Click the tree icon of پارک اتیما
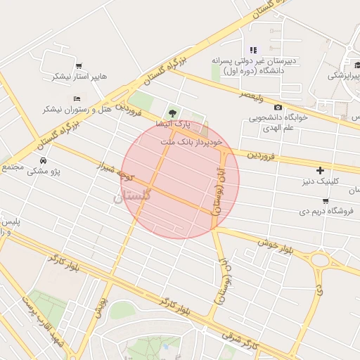(171, 113)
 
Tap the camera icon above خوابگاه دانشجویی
(278, 107)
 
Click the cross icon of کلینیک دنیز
(321, 170)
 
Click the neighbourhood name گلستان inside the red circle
(131, 198)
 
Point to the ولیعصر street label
(251, 94)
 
